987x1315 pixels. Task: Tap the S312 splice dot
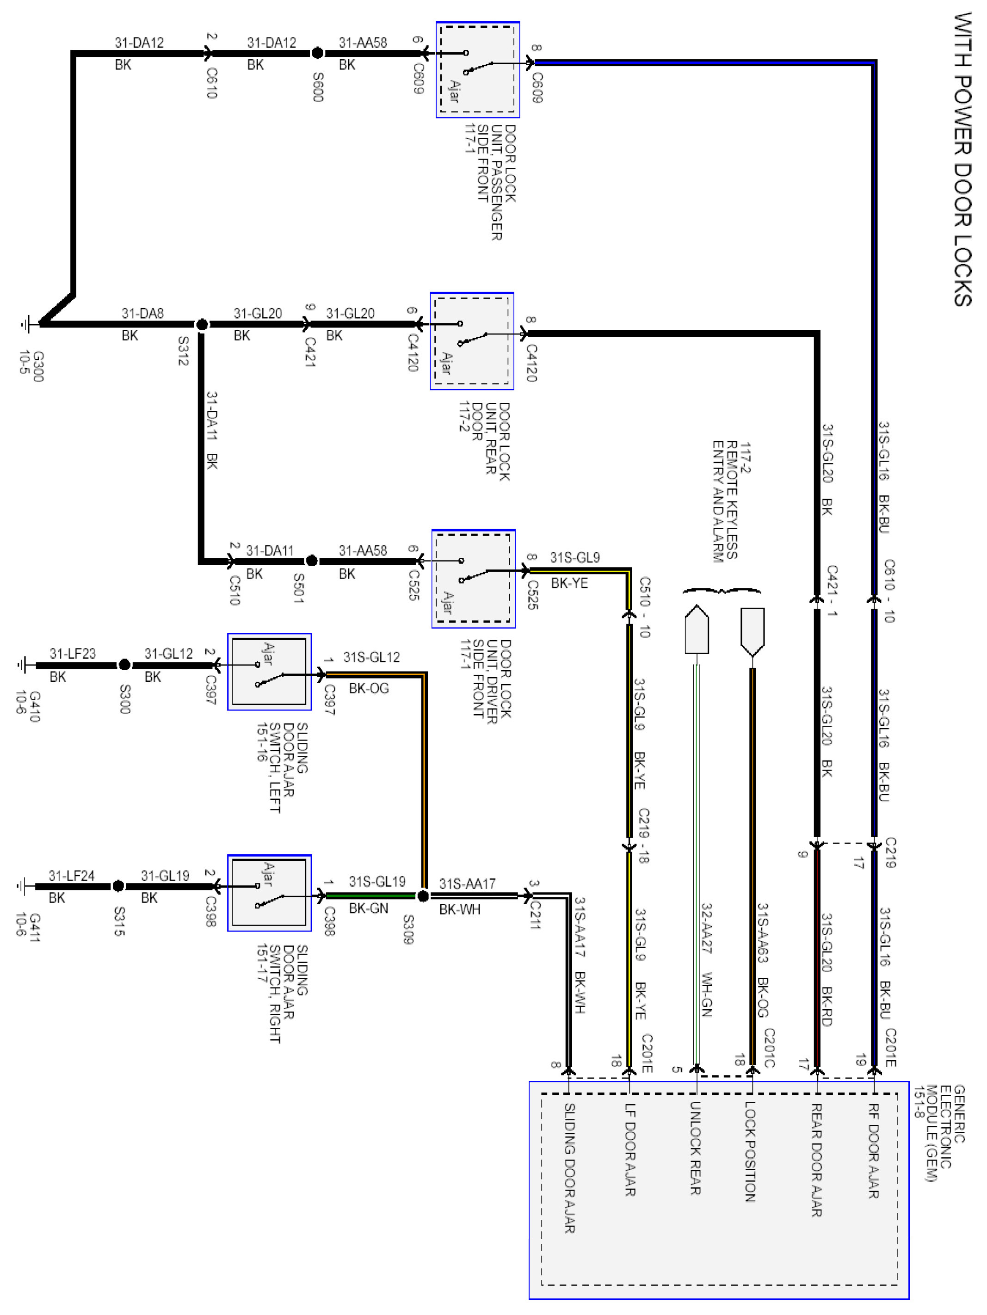(x=202, y=325)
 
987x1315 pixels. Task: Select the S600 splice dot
(x=317, y=53)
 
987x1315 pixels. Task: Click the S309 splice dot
(x=423, y=896)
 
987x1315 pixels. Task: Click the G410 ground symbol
(x=24, y=665)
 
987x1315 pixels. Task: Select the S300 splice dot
(x=124, y=665)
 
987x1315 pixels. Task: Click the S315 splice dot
(x=118, y=886)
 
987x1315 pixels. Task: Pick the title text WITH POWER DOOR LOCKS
(x=962, y=159)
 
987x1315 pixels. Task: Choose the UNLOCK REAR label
(x=695, y=1148)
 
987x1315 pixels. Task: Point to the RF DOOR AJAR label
(x=873, y=1150)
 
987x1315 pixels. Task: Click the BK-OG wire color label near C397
(x=369, y=688)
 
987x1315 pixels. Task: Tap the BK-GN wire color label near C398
(x=369, y=908)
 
